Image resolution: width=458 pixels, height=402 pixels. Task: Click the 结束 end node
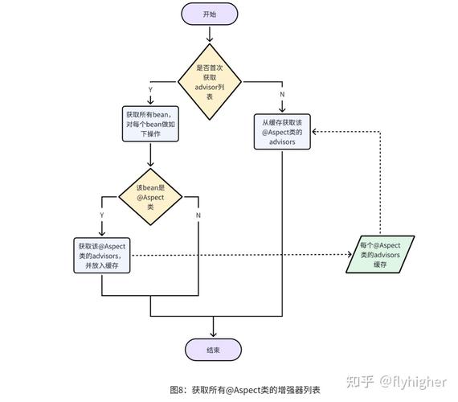pyautogui.click(x=213, y=350)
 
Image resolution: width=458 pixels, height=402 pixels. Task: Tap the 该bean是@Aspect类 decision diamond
pyautogui.click(x=150, y=196)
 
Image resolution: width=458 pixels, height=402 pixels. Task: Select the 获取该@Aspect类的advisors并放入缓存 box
pyautogui.click(x=101, y=256)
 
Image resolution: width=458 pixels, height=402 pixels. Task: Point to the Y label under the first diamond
pyautogui.click(x=150, y=90)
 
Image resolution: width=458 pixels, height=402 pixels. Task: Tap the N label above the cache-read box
pyautogui.click(x=282, y=95)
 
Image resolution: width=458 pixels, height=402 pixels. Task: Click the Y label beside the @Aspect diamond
pyautogui.click(x=101, y=215)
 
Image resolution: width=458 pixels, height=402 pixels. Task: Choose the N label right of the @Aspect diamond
pyautogui.click(x=198, y=215)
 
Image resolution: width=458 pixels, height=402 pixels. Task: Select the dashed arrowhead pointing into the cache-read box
pyautogui.click(x=315, y=131)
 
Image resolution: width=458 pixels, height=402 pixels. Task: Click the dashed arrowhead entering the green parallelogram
pyautogui.click(x=350, y=255)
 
